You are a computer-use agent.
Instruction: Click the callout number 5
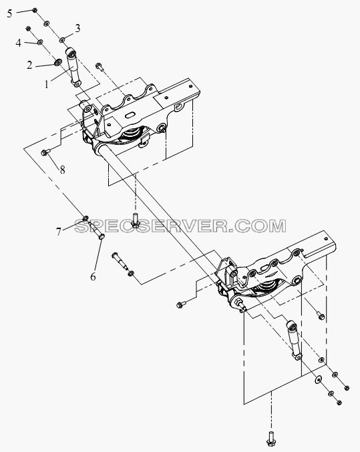(x=10, y=13)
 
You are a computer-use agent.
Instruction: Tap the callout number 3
(x=77, y=28)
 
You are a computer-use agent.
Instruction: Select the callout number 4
(x=19, y=43)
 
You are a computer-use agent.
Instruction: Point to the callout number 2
(x=29, y=65)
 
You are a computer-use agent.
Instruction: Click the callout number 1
(x=47, y=85)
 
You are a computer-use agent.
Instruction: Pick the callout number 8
(x=62, y=170)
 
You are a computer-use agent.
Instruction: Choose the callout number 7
(x=59, y=232)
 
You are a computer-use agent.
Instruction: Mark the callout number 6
(x=93, y=276)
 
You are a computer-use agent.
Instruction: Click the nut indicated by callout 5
(x=34, y=11)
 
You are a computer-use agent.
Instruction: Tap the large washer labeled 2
(x=58, y=62)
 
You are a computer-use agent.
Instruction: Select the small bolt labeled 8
(x=45, y=152)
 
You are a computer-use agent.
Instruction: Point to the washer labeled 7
(x=85, y=218)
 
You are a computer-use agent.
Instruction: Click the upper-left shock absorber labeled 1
(x=73, y=67)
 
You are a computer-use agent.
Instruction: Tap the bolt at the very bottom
(x=271, y=441)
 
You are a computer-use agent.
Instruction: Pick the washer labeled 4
(x=41, y=42)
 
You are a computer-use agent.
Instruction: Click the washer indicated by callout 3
(x=63, y=39)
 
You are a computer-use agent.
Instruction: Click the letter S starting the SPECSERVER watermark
(x=81, y=226)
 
